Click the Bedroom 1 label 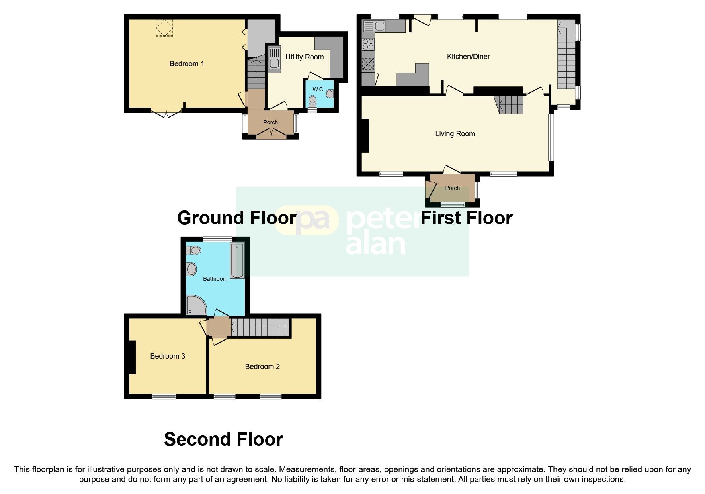pos(187,64)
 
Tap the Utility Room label pos(305,57)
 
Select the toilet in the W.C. pos(312,101)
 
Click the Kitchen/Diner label pos(468,57)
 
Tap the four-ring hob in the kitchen pos(368,44)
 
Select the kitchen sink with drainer pos(374,27)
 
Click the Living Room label pos(455,134)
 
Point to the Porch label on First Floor pos(452,188)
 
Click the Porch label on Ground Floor pos(270,122)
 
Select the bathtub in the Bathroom pos(237,261)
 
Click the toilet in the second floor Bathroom pos(193,250)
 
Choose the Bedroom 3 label pos(167,356)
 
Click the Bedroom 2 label pos(262,367)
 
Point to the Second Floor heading pos(223,439)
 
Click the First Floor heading pos(466,218)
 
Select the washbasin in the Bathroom pos(191,269)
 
